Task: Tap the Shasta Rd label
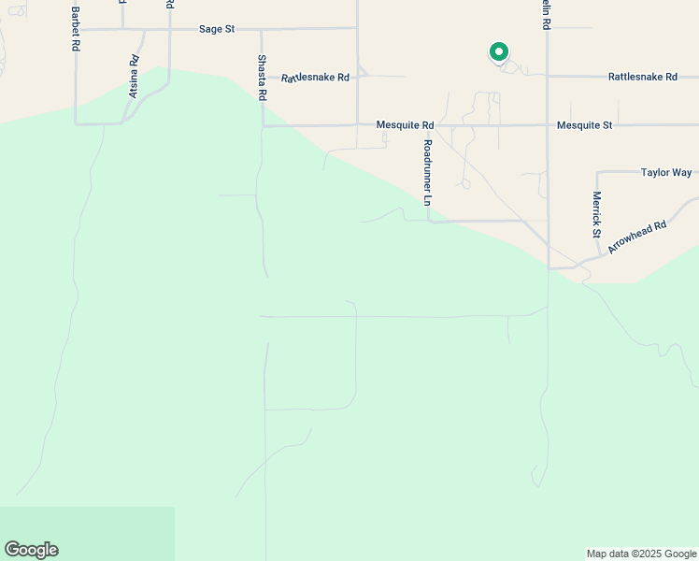click(x=263, y=77)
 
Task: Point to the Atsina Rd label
click(x=134, y=76)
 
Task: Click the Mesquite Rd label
click(x=405, y=124)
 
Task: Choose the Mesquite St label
click(x=584, y=124)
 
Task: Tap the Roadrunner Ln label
click(x=427, y=172)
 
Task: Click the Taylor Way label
click(x=666, y=172)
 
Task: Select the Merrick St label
click(x=596, y=214)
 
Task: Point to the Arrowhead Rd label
click(x=636, y=237)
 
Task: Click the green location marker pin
click(x=499, y=52)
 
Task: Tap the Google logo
click(x=31, y=550)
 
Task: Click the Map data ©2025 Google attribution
click(x=642, y=554)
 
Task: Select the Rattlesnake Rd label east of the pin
click(x=642, y=77)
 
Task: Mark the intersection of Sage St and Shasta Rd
click(x=261, y=29)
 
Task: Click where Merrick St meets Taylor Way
click(x=596, y=172)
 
